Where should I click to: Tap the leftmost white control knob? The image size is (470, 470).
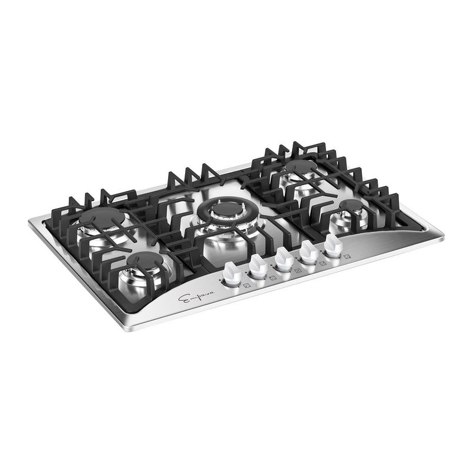tap(231, 274)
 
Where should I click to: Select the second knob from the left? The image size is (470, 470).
tap(257, 266)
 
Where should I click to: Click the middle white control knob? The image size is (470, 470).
tap(283, 257)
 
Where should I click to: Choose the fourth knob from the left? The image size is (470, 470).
tap(308, 250)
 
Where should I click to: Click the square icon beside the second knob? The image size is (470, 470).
tap(273, 278)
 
